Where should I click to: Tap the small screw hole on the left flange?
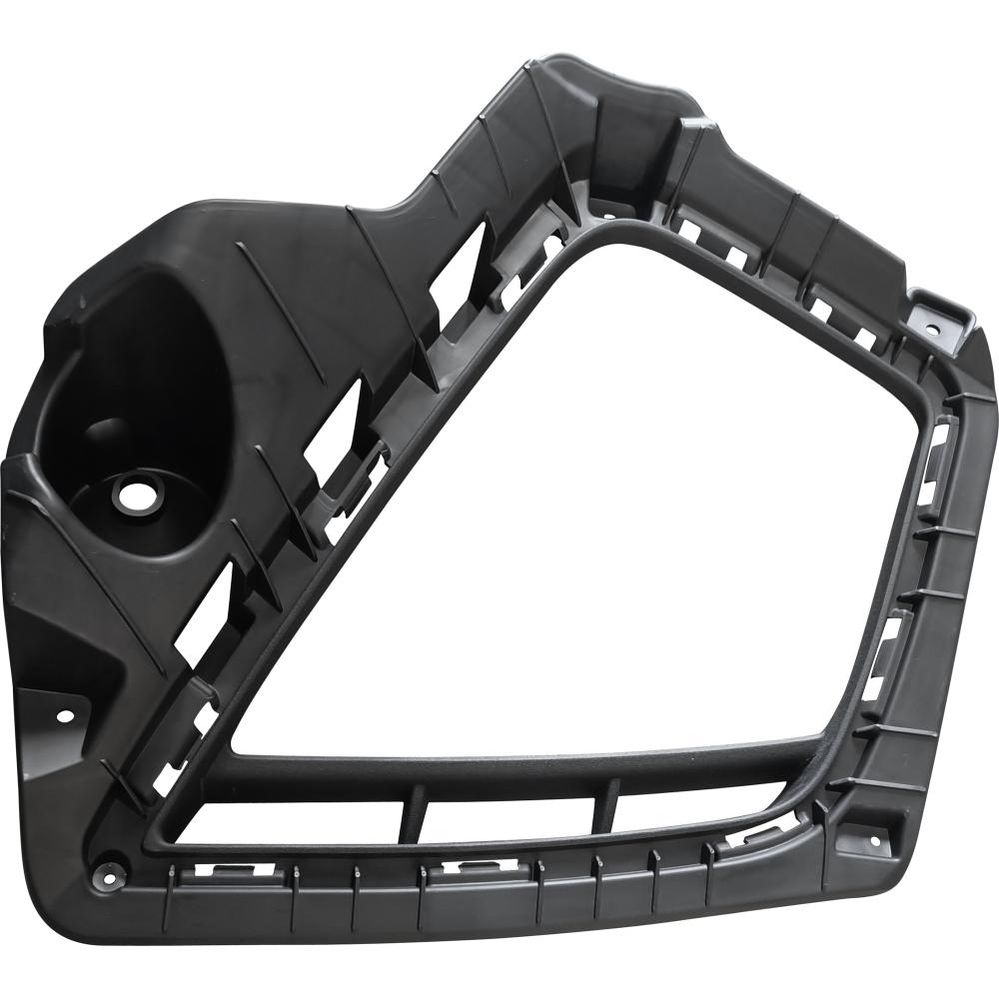(x=65, y=715)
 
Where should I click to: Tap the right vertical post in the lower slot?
(x=607, y=806)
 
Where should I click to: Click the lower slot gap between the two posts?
(x=509, y=811)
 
